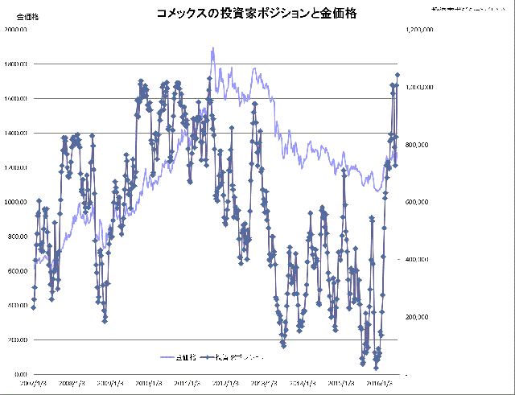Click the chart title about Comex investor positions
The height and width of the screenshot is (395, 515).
[x=257, y=14]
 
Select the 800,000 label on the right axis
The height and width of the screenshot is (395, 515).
[x=421, y=145]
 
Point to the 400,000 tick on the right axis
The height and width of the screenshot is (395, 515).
[x=421, y=260]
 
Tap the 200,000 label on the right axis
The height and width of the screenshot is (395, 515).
[x=421, y=317]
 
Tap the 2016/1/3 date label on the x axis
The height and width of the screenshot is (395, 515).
[x=379, y=385]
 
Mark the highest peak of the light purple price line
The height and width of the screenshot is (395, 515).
[x=212, y=47]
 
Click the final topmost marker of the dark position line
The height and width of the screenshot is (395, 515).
[x=397, y=75]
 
